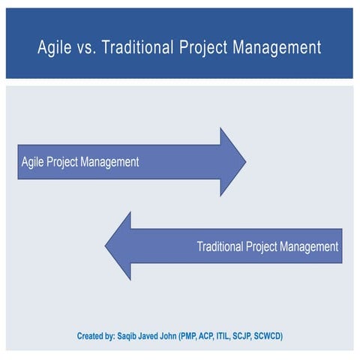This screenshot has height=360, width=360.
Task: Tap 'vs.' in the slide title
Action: click(88, 48)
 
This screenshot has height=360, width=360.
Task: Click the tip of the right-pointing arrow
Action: click(244, 162)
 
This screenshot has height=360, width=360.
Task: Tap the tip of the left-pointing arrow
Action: click(106, 246)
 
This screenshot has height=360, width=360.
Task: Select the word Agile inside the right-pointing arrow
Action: click(32, 162)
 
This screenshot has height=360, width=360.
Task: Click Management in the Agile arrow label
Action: click(111, 162)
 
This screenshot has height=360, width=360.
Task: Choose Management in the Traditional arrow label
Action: click(309, 246)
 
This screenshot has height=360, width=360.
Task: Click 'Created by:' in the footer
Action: click(97, 336)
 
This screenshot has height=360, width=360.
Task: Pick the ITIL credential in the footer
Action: click(249, 336)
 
